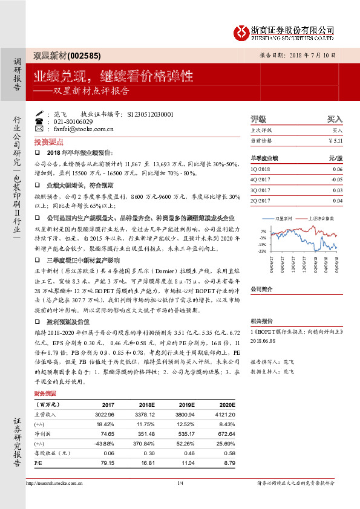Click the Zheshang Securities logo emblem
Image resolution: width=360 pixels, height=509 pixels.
coord(243,30)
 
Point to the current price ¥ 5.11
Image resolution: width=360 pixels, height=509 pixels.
coord(335,140)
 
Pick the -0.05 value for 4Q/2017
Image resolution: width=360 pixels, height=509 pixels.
coord(336,180)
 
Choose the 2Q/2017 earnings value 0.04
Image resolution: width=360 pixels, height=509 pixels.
coord(338,200)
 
